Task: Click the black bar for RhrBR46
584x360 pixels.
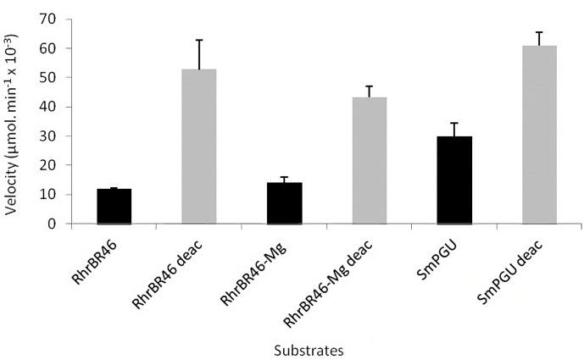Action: click(x=114, y=207)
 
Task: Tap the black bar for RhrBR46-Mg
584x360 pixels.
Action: click(x=284, y=203)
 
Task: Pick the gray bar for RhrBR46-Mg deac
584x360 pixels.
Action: click(x=369, y=161)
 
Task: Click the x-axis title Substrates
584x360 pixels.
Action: click(x=309, y=347)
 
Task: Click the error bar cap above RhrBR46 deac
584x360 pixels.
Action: click(x=199, y=40)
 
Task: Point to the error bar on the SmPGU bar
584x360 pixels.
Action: click(x=454, y=129)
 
